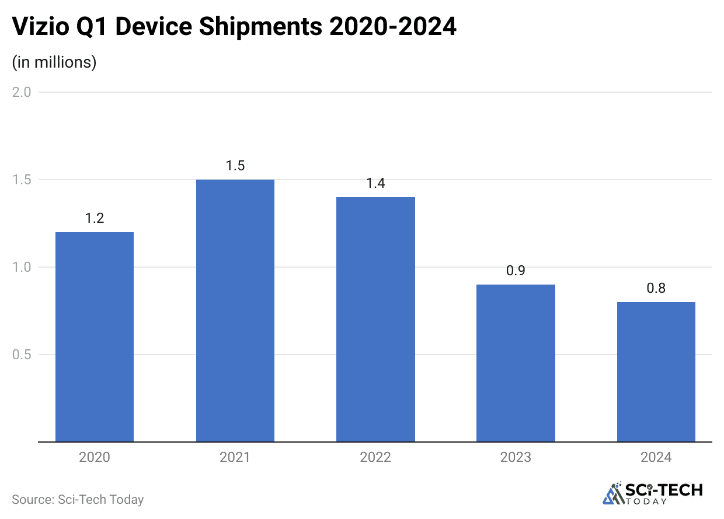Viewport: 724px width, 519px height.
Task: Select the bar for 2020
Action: [95, 337]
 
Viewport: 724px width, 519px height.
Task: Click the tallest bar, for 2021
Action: [235, 311]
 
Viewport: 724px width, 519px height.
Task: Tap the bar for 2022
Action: [375, 320]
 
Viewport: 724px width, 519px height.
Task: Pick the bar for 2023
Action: [516, 363]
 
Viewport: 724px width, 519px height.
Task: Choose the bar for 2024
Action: [656, 372]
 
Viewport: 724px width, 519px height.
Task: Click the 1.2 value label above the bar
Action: [95, 218]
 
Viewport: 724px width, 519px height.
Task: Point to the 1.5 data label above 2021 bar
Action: [235, 166]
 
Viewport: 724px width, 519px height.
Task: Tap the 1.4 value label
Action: [375, 183]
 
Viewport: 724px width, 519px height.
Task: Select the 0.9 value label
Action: [516, 271]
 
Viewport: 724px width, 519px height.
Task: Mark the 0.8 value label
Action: [656, 288]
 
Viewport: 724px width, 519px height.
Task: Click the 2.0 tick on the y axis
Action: [22, 92]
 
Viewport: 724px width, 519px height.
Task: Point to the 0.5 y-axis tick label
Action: [22, 355]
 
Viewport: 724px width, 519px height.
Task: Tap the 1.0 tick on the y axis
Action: [22, 267]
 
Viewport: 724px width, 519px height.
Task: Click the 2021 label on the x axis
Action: [235, 457]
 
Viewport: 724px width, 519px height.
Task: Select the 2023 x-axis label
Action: [516, 457]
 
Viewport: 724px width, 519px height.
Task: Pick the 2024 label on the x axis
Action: [656, 457]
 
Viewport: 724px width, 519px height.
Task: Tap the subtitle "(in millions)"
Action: [54, 62]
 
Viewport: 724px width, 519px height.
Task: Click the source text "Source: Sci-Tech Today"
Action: [78, 500]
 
